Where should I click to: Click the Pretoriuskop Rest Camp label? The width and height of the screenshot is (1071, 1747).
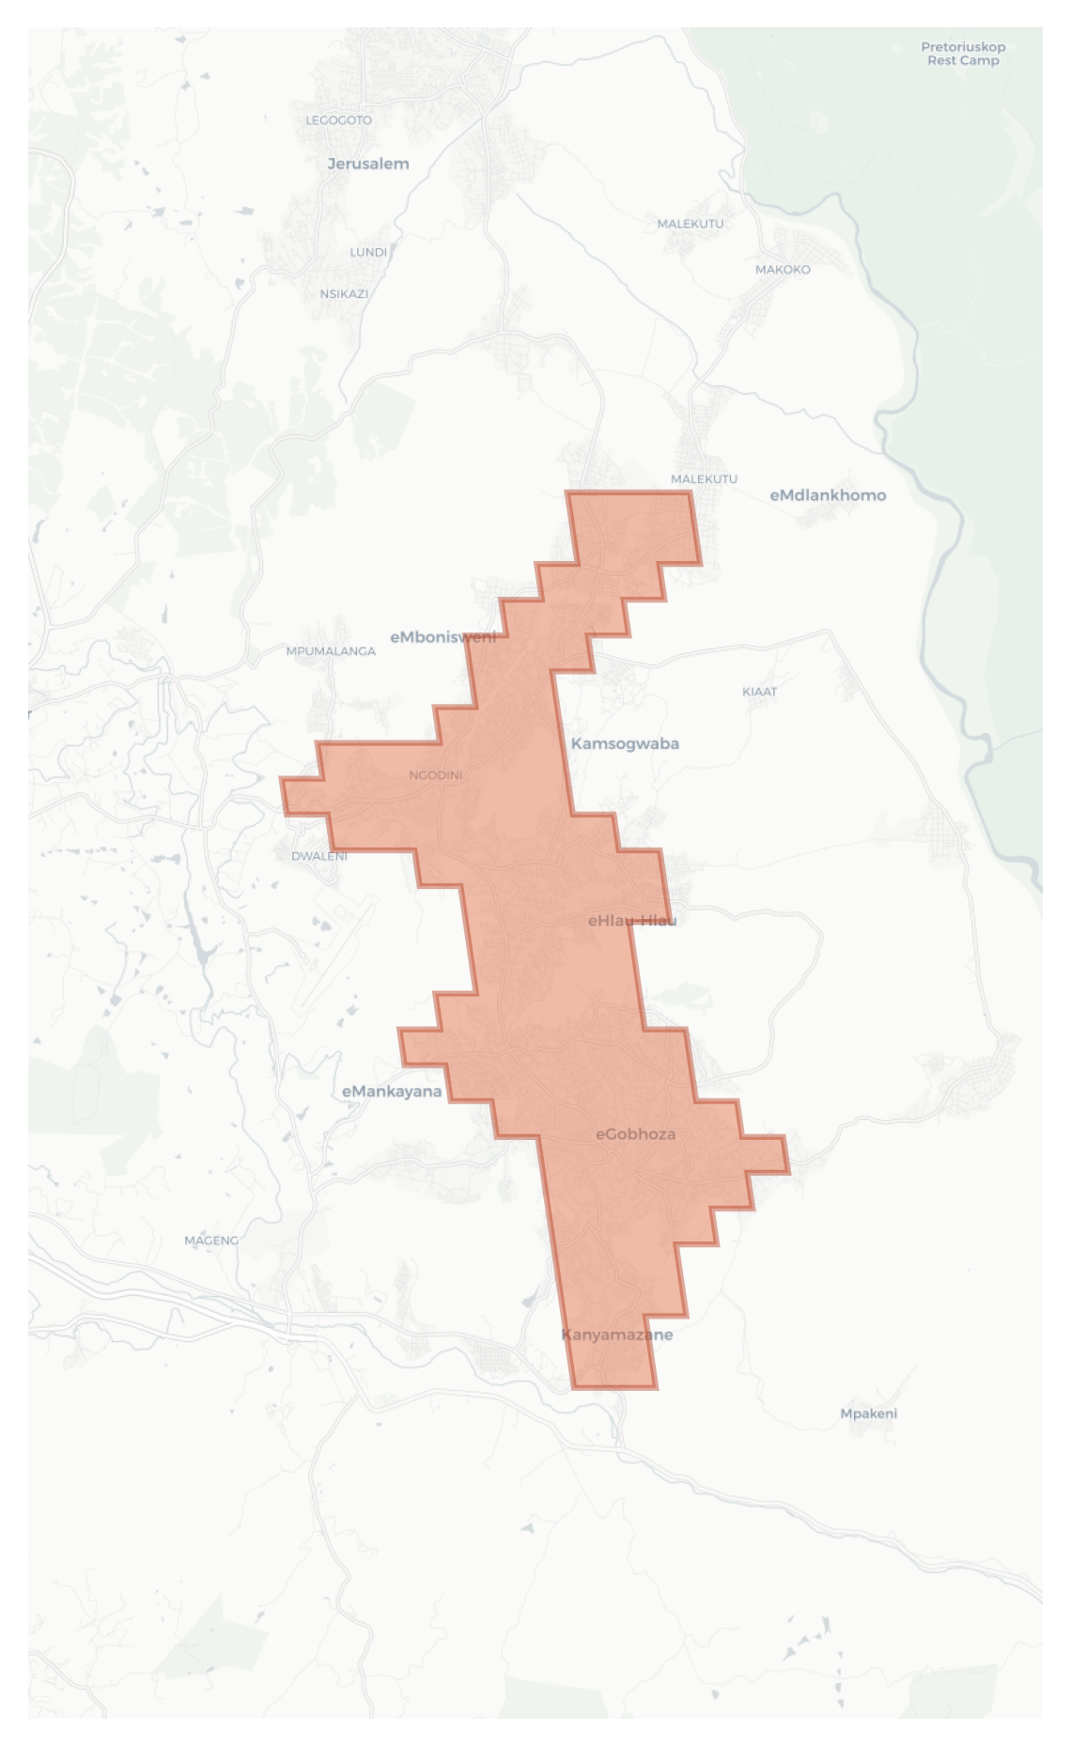click(x=963, y=54)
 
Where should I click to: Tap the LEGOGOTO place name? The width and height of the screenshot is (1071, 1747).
click(x=338, y=120)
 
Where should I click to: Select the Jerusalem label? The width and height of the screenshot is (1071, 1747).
click(x=368, y=164)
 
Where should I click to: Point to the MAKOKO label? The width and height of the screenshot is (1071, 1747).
click(x=783, y=270)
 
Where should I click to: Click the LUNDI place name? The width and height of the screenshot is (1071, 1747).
click(x=368, y=252)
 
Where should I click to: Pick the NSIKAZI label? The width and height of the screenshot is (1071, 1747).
click(x=344, y=294)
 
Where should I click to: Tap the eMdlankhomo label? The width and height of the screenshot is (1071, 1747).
click(x=828, y=495)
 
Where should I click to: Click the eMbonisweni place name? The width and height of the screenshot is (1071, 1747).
click(x=442, y=637)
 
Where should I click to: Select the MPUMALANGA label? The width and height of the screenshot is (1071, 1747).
click(x=331, y=651)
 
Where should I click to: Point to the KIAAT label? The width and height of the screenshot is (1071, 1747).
click(x=760, y=692)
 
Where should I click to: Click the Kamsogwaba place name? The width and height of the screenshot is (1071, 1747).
click(x=625, y=743)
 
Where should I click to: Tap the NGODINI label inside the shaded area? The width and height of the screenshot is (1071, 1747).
click(x=436, y=775)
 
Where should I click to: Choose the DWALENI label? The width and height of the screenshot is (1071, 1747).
click(x=319, y=856)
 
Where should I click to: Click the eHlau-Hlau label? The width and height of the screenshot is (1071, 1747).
click(x=632, y=920)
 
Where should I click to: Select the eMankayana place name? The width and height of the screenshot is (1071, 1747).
click(x=392, y=1091)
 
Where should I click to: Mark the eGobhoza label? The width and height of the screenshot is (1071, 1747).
click(x=636, y=1134)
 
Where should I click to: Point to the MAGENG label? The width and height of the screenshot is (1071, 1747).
click(x=211, y=1240)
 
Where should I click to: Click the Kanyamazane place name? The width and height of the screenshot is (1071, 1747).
click(x=617, y=1334)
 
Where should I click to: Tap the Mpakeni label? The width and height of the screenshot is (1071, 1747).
click(x=869, y=1413)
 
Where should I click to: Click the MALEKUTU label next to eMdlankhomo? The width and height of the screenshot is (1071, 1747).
click(x=704, y=479)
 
